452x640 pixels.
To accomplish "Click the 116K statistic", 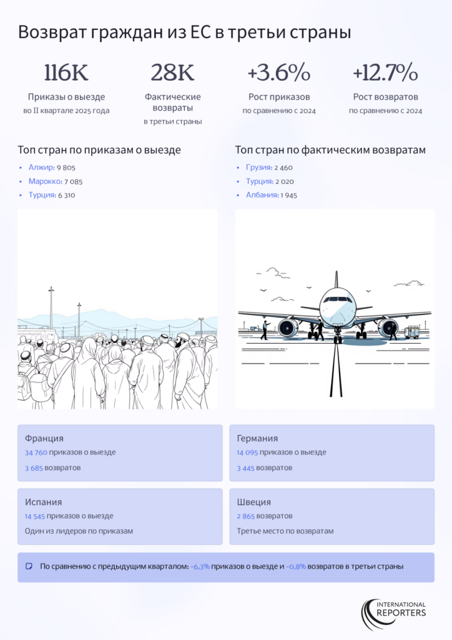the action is click(66, 72).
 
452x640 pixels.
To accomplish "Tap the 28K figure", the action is click(172, 72).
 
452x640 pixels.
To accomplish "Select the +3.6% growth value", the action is click(279, 72).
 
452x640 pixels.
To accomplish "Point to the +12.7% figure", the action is click(385, 72).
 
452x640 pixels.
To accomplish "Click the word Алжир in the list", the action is click(42, 167).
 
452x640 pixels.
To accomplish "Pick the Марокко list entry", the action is click(45, 181).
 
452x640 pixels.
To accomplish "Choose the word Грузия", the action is click(259, 167).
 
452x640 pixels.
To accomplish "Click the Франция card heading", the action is click(44, 438).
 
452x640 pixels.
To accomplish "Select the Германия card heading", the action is click(257, 438).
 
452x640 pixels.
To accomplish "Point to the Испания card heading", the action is click(43, 502).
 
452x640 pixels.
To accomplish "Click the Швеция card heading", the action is click(253, 502).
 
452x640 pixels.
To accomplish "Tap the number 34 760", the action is click(36, 452).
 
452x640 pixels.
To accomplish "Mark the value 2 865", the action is click(245, 516).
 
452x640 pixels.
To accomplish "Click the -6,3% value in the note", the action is click(200, 566).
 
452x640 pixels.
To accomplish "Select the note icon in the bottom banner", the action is click(29, 566).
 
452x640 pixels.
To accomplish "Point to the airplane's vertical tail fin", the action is click(337, 279).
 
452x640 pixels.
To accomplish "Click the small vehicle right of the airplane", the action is click(411, 332).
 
